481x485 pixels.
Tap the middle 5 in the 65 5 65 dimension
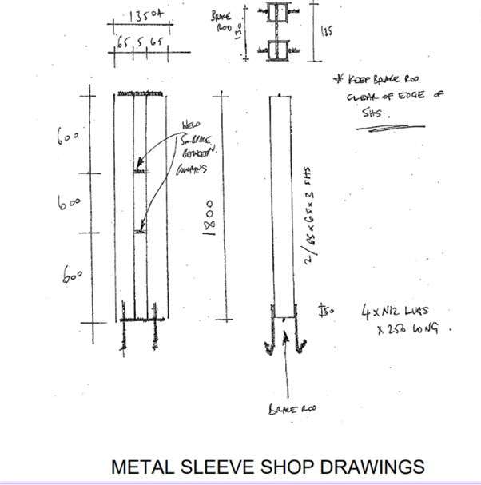point(140,41)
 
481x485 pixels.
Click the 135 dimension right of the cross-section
point(324,32)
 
